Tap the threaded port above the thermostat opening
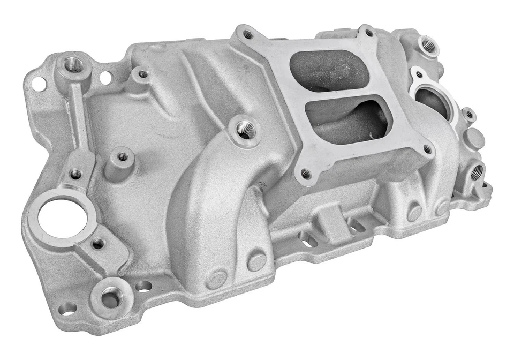coord(428,46)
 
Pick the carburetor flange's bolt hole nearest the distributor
coord(247,35)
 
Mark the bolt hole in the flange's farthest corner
coord(369,33)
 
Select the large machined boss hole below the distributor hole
coord(111,296)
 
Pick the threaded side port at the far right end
coord(477,171)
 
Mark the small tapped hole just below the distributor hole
coord(98,244)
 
